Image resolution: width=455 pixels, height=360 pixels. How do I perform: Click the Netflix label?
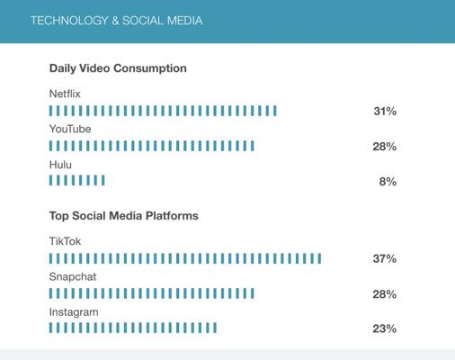(65, 94)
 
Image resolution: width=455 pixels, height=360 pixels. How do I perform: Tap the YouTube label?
(70, 129)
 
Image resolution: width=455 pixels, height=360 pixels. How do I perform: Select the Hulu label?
(60, 165)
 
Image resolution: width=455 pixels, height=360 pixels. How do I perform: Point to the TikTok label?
(65, 241)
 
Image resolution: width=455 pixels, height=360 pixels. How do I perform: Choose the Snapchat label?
(73, 276)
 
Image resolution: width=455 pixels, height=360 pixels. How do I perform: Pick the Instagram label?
(74, 312)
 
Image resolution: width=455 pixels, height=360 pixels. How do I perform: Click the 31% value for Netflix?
(385, 112)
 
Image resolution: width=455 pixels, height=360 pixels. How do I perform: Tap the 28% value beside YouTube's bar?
(385, 147)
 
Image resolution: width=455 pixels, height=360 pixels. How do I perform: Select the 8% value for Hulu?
(388, 182)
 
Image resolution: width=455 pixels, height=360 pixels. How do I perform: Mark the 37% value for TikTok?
(385, 258)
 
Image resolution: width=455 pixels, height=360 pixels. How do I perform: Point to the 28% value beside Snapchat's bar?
(385, 294)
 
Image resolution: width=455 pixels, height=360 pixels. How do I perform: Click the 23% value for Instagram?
(385, 328)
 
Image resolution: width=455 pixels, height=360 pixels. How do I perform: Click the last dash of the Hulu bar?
(103, 181)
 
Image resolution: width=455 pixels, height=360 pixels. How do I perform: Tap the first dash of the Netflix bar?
(51, 111)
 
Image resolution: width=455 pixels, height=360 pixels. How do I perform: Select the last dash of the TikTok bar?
(319, 258)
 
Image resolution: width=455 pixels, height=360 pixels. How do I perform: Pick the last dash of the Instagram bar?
(215, 328)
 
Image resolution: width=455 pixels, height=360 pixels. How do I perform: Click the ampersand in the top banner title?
(115, 21)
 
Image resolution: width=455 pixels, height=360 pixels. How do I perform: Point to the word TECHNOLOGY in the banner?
(69, 21)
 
